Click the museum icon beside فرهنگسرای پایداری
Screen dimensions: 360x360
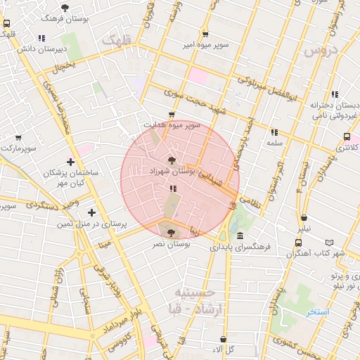pyautogui.click(x=240, y=236)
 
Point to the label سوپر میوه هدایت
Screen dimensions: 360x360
pyautogui.click(x=172, y=124)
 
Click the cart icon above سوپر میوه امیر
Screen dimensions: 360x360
pyautogui.click(x=205, y=33)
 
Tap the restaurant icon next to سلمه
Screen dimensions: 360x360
pyautogui.click(x=274, y=131)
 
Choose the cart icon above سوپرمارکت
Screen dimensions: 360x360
pyautogui.click(x=18, y=138)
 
